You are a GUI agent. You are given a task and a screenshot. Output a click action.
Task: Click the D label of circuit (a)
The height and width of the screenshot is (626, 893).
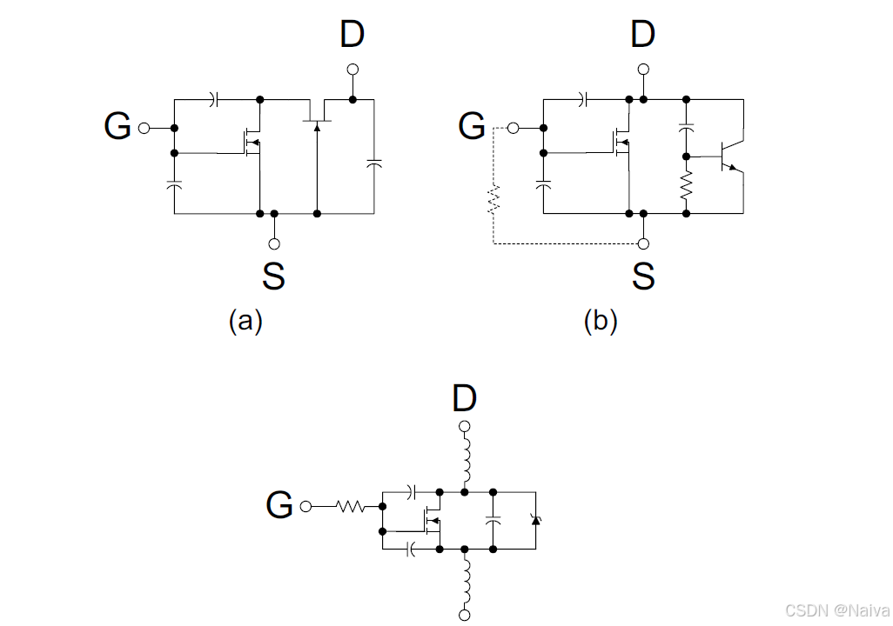(x=352, y=35)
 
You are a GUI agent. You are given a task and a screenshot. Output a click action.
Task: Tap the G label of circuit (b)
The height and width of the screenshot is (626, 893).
(x=472, y=127)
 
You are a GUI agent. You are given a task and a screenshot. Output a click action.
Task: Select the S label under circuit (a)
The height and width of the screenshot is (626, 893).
(x=273, y=276)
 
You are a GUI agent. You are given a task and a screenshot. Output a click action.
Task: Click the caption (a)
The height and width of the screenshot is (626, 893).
(x=245, y=321)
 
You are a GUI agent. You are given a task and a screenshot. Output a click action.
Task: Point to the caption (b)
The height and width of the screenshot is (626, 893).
(x=601, y=321)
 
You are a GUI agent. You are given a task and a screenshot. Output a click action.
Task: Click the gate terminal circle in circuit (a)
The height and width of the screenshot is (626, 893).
(x=144, y=128)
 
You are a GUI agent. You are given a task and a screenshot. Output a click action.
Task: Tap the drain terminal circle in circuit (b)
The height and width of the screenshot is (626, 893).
(x=643, y=70)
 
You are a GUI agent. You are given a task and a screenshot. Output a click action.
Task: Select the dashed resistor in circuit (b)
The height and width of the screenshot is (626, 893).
(x=493, y=200)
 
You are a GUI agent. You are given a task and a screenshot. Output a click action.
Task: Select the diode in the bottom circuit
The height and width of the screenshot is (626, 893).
(x=535, y=520)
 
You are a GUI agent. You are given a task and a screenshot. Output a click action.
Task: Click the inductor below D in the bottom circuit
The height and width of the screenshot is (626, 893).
(x=466, y=461)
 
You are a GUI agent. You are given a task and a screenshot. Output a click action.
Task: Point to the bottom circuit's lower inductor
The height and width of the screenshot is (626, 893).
(x=466, y=581)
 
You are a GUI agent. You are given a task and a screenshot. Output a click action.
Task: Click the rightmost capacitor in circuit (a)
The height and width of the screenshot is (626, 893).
(x=374, y=163)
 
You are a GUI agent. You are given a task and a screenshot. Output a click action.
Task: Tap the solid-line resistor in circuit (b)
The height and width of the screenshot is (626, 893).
(x=686, y=184)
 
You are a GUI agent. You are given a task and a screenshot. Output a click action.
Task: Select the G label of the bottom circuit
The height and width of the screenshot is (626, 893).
(x=279, y=505)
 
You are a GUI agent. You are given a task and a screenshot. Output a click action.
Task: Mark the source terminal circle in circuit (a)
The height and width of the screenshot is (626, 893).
(x=274, y=243)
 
